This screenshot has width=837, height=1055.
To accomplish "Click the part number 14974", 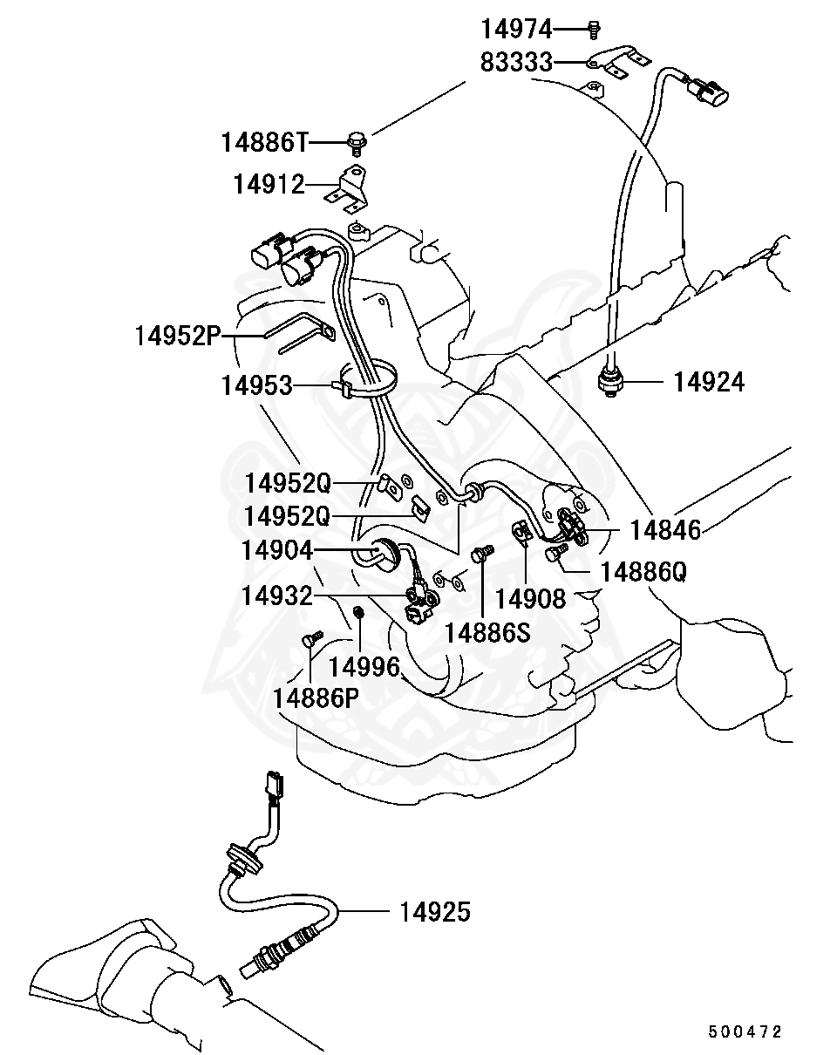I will pos(517,30).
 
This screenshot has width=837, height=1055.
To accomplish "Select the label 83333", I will pos(517,62).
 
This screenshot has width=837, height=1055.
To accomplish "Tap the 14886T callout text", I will pos(263,140).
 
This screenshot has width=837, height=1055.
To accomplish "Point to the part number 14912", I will pos(269,185).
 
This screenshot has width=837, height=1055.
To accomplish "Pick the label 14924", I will pos(709,382).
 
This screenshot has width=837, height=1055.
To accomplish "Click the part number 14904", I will pos(278,549).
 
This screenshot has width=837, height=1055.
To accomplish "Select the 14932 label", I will pos(276,596).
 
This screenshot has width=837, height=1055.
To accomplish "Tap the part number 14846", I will pos(665,529).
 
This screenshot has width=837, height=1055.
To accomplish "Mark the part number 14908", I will pos(530,599).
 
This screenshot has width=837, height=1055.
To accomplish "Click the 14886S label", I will pos(487,632).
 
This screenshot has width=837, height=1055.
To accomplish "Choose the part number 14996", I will pos(364,667).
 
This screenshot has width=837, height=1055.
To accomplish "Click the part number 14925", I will pos(435,912).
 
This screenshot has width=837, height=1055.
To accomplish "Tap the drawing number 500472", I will pos(745,1031).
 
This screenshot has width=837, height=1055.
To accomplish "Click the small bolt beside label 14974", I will pos(593,29).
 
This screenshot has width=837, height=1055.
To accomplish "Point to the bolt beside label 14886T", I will pos(356,140).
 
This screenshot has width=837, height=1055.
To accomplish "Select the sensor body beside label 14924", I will pos(609,382).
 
